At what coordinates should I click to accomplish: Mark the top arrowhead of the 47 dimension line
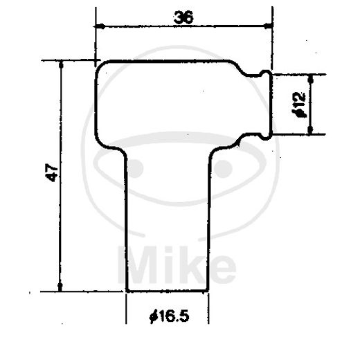(x=62, y=64)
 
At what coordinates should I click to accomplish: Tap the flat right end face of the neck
(x=270, y=104)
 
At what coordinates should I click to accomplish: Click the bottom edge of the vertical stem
(x=167, y=291)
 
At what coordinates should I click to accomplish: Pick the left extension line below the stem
(x=126, y=308)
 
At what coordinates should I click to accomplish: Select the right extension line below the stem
(x=208, y=308)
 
